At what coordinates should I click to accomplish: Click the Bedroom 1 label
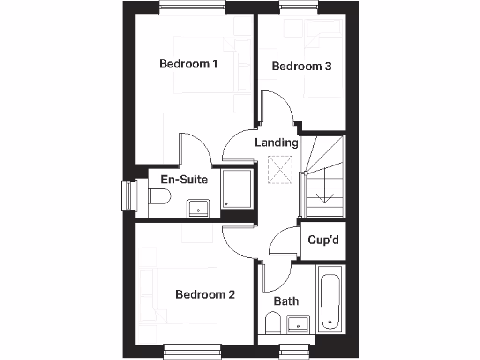[188, 63]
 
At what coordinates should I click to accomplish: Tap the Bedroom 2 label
[205, 294]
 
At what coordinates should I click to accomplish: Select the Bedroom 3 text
[301, 66]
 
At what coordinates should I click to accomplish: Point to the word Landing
[277, 142]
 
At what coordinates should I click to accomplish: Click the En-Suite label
[184, 179]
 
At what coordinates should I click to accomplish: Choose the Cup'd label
[323, 240]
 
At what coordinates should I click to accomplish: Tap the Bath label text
[286, 301]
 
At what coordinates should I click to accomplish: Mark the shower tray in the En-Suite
[237, 188]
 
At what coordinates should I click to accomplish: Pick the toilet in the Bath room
[272, 322]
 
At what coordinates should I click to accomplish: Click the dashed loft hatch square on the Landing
[280, 169]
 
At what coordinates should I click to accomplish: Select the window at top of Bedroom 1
[192, 7]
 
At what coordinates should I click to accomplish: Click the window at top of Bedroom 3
[299, 7]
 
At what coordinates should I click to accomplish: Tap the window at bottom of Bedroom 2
[192, 351]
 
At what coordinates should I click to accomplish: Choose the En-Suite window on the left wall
[129, 196]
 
